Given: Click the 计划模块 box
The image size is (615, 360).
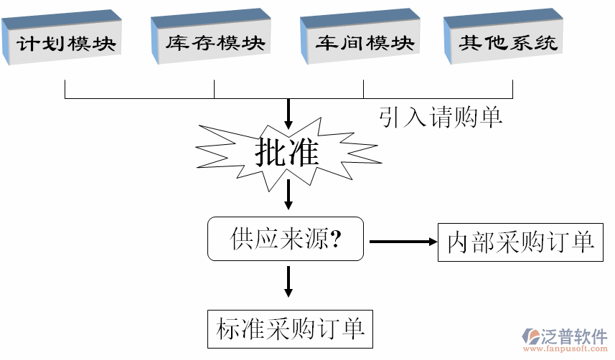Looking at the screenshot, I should (x=66, y=43).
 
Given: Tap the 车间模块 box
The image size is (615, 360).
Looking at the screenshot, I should (x=365, y=43).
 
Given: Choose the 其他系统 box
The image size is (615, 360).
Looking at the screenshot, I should (x=508, y=43).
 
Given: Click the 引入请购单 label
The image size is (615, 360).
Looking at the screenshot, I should (x=441, y=117).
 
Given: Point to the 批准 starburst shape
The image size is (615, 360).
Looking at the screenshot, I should (x=288, y=153).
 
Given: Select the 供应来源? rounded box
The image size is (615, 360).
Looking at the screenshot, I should (x=286, y=239).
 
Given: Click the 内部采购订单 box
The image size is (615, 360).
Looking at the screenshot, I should (x=520, y=242).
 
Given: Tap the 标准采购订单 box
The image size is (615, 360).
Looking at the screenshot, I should (x=290, y=329).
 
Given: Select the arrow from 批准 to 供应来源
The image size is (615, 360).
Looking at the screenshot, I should (x=288, y=194).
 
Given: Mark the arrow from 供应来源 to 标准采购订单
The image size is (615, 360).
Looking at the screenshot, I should (x=288, y=281).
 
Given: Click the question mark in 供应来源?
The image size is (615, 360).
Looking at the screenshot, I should (x=336, y=239).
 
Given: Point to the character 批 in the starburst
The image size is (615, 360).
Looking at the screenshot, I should (x=270, y=152).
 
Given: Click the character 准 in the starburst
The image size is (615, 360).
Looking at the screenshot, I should (x=304, y=152).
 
